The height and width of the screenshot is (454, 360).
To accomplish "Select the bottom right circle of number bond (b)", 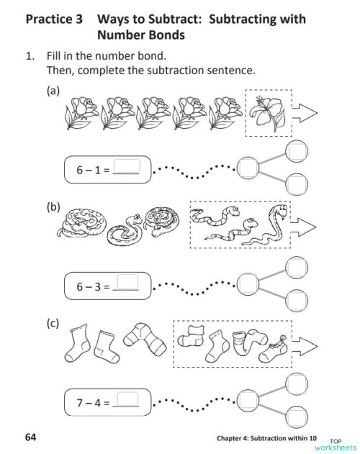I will [x=295, y=300].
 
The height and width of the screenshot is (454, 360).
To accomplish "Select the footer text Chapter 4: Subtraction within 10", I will [x=266, y=437].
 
